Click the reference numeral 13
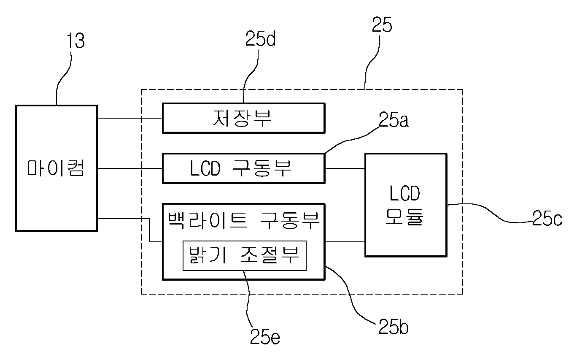pyautogui.click(x=75, y=41)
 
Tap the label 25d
pyautogui.click(x=260, y=38)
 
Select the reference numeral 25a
pyautogui.click(x=394, y=119)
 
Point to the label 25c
pyautogui.click(x=547, y=218)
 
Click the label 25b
pyautogui.click(x=394, y=327)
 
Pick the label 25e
pyautogui.click(x=265, y=336)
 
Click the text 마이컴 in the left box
pyautogui.click(x=56, y=168)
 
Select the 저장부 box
pyautogui.click(x=243, y=118)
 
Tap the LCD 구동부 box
pyautogui.click(x=243, y=168)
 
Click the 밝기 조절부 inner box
pyautogui.click(x=245, y=256)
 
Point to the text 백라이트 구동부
pyautogui.click(x=244, y=221)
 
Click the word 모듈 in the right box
pyautogui.click(x=404, y=217)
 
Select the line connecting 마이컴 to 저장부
pyautogui.click(x=130, y=118)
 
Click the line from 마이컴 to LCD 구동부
pyautogui.click(x=130, y=168)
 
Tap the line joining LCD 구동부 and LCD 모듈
pyautogui.click(x=345, y=168)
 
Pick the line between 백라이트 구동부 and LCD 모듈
pyautogui.click(x=345, y=242)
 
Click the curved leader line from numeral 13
pyautogui.click(x=64, y=77)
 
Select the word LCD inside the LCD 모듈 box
pyautogui.click(x=404, y=193)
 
